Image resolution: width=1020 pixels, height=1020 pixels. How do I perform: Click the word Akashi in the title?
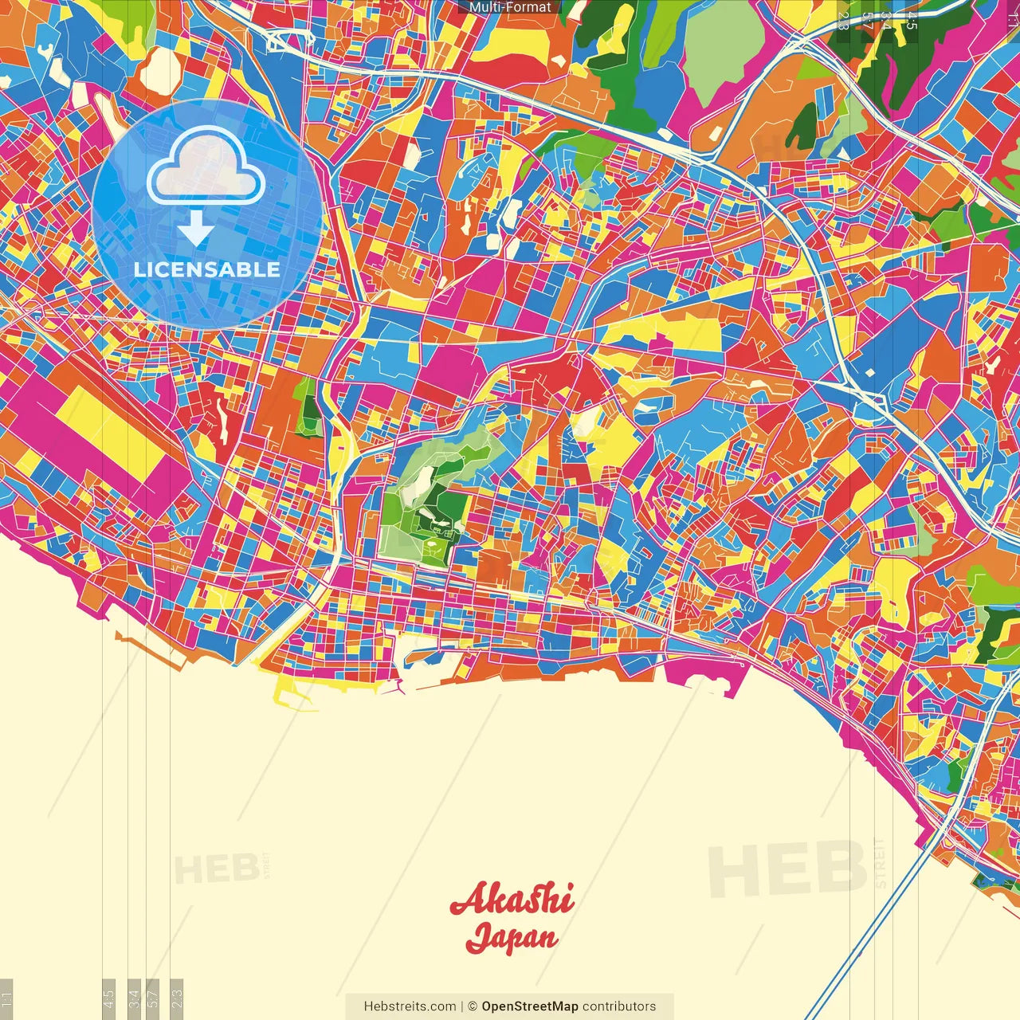coord(512,900)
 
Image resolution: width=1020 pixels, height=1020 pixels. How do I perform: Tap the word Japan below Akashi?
coord(512,937)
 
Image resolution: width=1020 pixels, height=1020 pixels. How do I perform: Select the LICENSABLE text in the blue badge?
coord(207,269)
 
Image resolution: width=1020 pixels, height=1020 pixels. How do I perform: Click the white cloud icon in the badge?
coord(206,166)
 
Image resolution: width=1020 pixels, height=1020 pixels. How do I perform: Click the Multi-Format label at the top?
coord(509,7)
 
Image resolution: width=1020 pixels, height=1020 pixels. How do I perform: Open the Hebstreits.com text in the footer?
coord(410,1006)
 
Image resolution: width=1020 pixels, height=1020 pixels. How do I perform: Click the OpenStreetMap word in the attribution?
coord(530,1006)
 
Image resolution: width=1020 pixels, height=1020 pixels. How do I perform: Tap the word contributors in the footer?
coord(619,1006)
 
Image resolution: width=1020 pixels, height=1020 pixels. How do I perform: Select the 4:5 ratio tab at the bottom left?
coord(109,998)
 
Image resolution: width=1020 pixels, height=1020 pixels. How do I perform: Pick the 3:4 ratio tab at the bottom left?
coord(135,998)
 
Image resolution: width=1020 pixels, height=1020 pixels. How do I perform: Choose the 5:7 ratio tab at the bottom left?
coord(153,998)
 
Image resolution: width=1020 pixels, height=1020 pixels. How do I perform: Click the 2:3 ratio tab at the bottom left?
coord(177,998)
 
